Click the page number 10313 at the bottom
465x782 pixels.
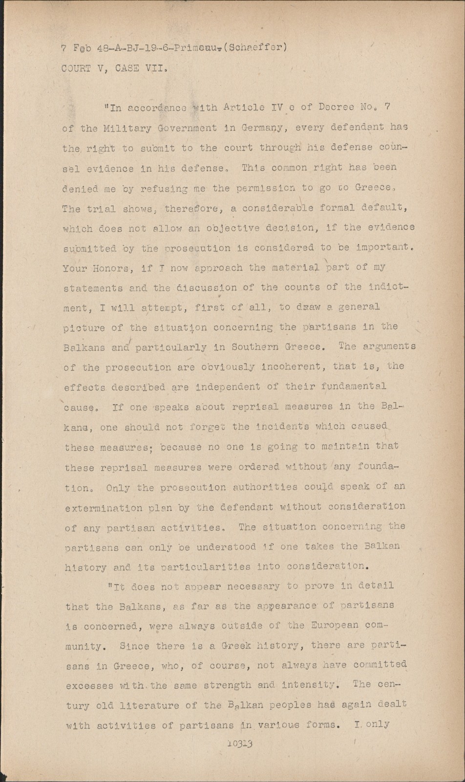(239, 744)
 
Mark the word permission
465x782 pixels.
(264, 188)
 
